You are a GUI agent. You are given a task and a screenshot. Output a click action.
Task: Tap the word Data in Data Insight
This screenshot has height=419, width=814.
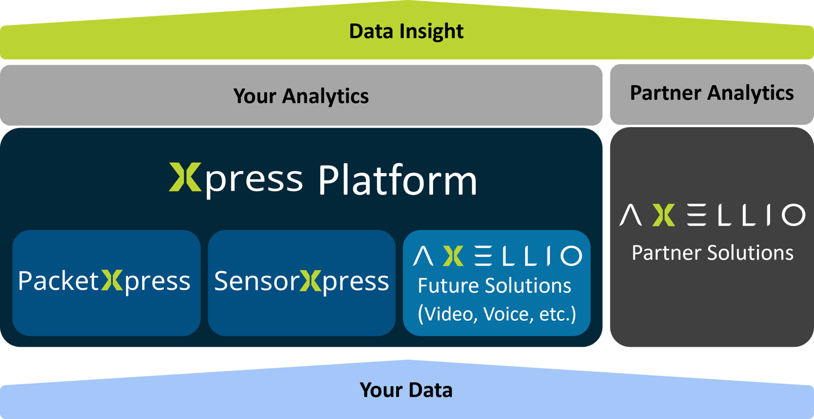coord(371,31)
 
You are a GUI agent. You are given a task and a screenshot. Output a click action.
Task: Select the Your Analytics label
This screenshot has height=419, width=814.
coord(301,96)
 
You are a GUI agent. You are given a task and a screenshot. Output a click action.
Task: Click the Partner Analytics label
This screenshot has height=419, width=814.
coord(711,93)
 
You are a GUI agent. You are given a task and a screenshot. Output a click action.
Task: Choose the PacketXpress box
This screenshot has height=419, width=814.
coord(106,282)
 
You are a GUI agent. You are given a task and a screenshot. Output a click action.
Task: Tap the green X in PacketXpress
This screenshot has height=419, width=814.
coord(112,281)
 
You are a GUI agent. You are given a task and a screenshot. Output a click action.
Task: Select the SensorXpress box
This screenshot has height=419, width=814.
coord(302,282)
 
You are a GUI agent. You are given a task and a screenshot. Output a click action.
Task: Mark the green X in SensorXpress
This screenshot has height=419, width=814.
coord(310,281)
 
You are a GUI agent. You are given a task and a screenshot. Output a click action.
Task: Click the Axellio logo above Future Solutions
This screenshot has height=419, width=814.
coord(497,256)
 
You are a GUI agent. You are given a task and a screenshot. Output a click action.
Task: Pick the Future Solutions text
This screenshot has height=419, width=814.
coord(494,286)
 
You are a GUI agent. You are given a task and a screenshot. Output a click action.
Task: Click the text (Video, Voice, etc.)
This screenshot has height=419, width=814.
coord(497,314)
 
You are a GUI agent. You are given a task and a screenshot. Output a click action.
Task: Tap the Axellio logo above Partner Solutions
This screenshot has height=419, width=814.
coord(712,215)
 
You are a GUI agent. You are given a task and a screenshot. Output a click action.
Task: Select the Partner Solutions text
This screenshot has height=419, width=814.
coord(712,253)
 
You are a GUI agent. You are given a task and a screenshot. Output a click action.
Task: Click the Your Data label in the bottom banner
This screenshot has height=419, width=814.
coord(406,390)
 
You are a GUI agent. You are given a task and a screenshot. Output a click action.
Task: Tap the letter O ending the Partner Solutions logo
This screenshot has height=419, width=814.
coord(793,215)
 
